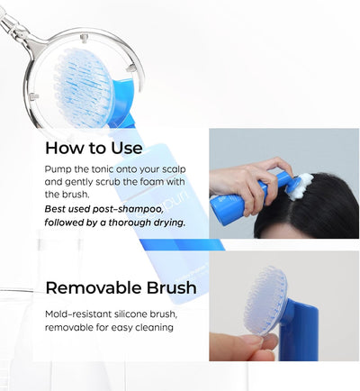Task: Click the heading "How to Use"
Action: click(94, 148)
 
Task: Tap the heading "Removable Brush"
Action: click(121, 287)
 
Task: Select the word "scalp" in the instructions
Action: click(174, 169)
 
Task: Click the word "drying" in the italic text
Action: click(168, 223)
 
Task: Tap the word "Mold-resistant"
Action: click(78, 314)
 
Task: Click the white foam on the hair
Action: click(301, 186)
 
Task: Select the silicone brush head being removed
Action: click(265, 301)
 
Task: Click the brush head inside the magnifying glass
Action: click(84, 86)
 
